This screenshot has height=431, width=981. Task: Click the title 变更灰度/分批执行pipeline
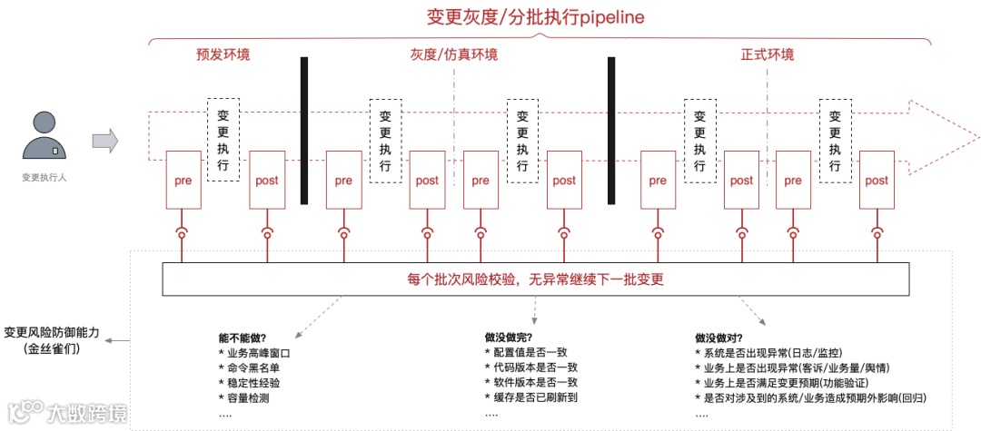click(x=536, y=18)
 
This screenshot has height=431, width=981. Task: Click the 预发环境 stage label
click(x=223, y=54)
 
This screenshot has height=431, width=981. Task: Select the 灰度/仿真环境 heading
click(x=453, y=54)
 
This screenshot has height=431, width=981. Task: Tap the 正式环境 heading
click(x=768, y=54)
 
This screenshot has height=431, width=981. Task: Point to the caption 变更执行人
click(x=44, y=178)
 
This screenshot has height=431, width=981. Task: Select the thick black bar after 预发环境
click(x=304, y=131)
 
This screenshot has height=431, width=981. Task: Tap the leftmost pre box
click(x=182, y=181)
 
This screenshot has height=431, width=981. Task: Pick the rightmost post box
click(x=877, y=181)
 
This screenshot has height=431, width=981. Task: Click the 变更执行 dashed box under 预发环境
click(x=223, y=140)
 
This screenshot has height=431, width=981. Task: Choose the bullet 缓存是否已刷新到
click(x=537, y=397)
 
